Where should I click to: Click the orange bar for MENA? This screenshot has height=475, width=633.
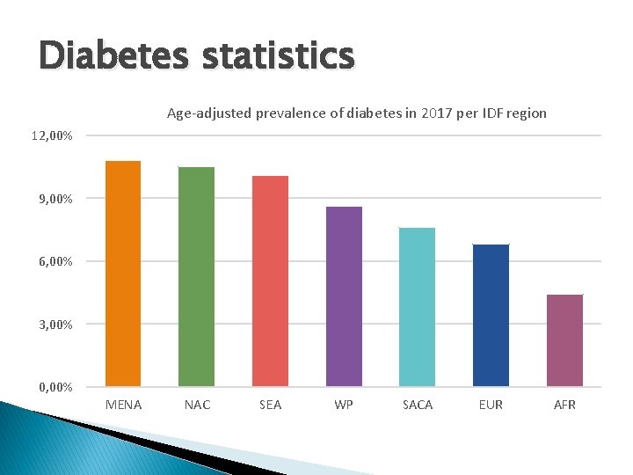[x=123, y=274]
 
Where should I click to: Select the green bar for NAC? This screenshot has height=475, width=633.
[x=196, y=276]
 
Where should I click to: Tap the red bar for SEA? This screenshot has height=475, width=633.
[x=270, y=281]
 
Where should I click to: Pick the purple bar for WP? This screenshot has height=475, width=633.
[x=344, y=296]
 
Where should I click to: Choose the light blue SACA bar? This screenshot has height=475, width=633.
[x=417, y=307]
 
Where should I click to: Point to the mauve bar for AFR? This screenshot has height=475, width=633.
[x=564, y=340]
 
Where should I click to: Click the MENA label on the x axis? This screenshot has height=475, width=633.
[x=123, y=405]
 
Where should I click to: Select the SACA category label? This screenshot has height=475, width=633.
[x=417, y=405]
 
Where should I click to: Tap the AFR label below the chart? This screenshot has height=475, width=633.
[x=564, y=405]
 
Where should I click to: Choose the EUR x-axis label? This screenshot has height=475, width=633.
[x=491, y=405]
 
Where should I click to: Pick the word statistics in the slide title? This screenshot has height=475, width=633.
[x=278, y=55]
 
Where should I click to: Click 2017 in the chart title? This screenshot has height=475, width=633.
[x=433, y=113]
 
